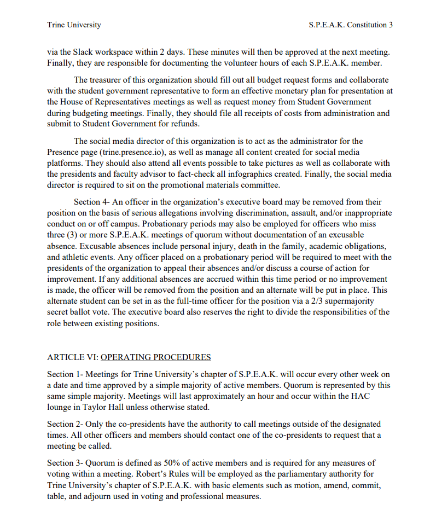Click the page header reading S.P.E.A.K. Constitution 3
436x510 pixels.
point(351,25)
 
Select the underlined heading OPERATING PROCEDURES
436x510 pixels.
point(156,357)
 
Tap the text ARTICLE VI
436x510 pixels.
point(72,357)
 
